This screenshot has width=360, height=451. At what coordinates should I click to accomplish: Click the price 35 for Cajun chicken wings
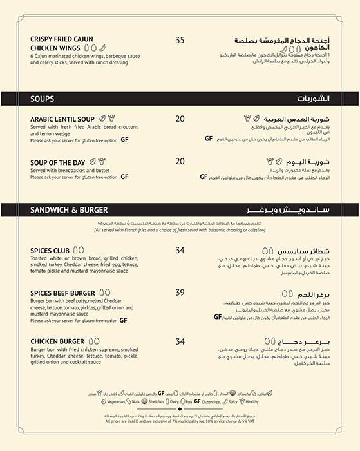(x=180, y=40)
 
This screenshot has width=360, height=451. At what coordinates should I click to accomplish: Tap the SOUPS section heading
(x=42, y=99)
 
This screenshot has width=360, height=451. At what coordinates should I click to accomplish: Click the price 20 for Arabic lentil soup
(x=180, y=119)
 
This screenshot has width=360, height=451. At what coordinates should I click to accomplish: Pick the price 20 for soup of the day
(x=180, y=161)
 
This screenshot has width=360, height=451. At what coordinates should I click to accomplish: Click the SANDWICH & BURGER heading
(x=69, y=210)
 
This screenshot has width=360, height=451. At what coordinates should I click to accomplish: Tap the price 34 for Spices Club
(x=180, y=250)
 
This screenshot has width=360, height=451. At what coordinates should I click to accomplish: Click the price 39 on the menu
(x=180, y=293)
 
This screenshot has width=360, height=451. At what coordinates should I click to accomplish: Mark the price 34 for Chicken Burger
(x=180, y=341)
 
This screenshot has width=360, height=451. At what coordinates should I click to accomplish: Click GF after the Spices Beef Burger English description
(x=124, y=320)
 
